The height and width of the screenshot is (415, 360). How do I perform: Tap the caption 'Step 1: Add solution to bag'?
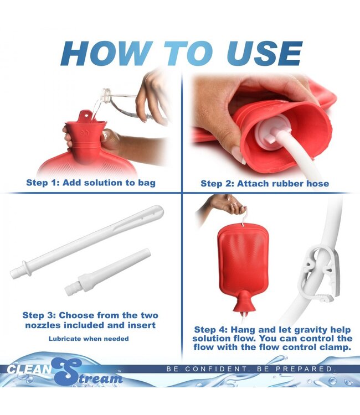click(91, 183)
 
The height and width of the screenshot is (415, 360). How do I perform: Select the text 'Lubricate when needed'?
click(89, 338)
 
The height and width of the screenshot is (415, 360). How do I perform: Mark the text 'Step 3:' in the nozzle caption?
click(40, 315)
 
